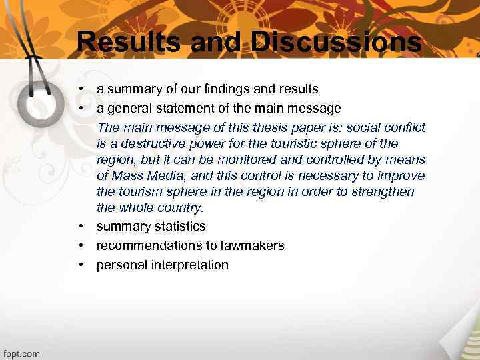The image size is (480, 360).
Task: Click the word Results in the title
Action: tap(129, 41)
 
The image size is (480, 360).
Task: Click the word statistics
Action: tap(177, 227)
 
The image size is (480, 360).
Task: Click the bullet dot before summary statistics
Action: tap(80, 227)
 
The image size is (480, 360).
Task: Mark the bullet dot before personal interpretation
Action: tap(80, 265)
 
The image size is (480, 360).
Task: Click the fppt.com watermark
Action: tap(21, 353)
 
